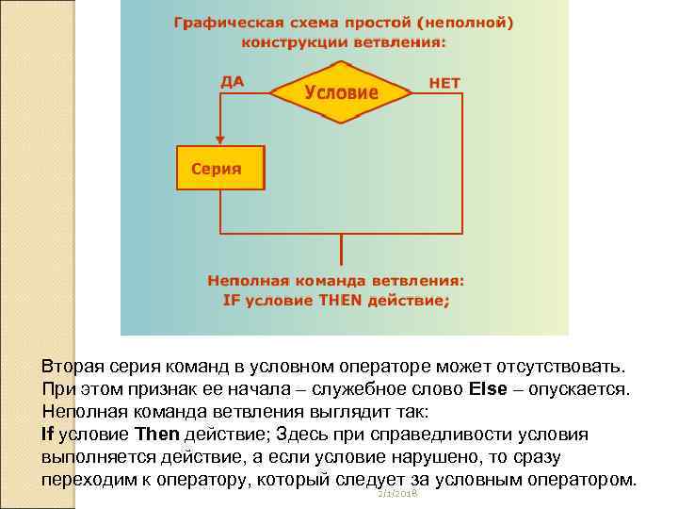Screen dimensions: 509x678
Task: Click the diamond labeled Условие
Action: click(341, 92)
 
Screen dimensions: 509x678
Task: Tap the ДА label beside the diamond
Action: click(232, 81)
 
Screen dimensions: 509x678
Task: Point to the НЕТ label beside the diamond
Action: click(444, 83)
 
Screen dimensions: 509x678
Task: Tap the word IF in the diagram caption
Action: click(232, 301)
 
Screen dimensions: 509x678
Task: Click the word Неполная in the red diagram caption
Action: click(243, 281)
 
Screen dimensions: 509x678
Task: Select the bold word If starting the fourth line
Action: click(49, 434)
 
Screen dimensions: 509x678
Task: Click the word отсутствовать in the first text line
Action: click(557, 366)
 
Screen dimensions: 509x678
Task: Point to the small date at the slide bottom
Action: click(396, 494)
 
